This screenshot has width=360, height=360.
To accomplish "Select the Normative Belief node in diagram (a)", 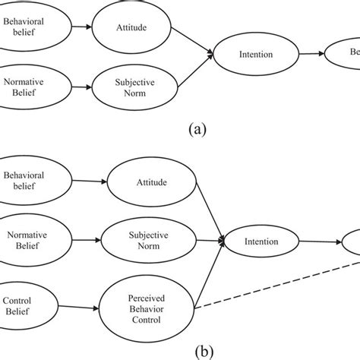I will pyautogui.click(x=23, y=89).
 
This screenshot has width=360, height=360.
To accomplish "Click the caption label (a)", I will pyautogui.click(x=199, y=129).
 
